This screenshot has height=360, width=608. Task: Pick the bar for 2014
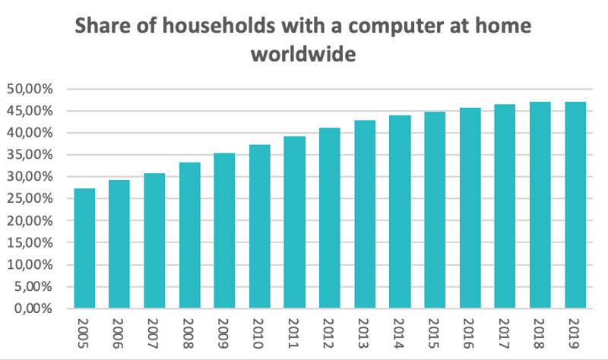click(400, 212)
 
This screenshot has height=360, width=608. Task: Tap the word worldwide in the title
click(303, 55)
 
